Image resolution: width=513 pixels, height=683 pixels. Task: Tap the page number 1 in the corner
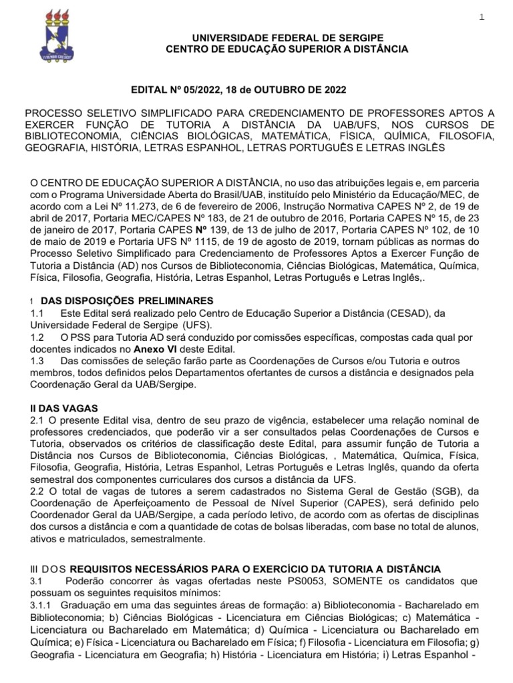[482, 17]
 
